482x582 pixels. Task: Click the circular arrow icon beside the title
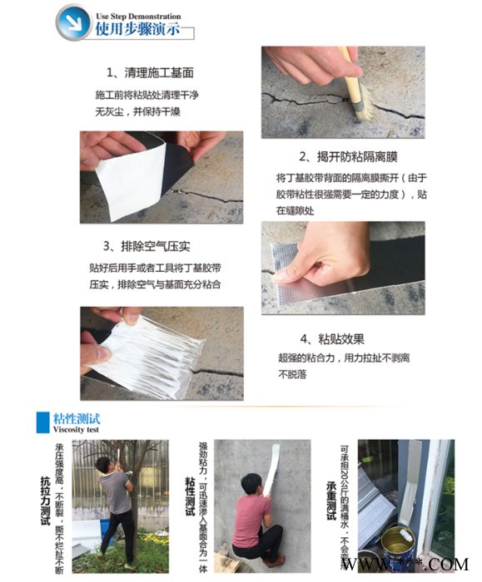[73, 22]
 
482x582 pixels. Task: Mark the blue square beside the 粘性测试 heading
[42, 422]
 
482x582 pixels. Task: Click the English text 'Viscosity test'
[80, 431]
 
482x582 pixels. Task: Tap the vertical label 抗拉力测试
[45, 503]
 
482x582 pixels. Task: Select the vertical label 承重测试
[330, 504]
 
